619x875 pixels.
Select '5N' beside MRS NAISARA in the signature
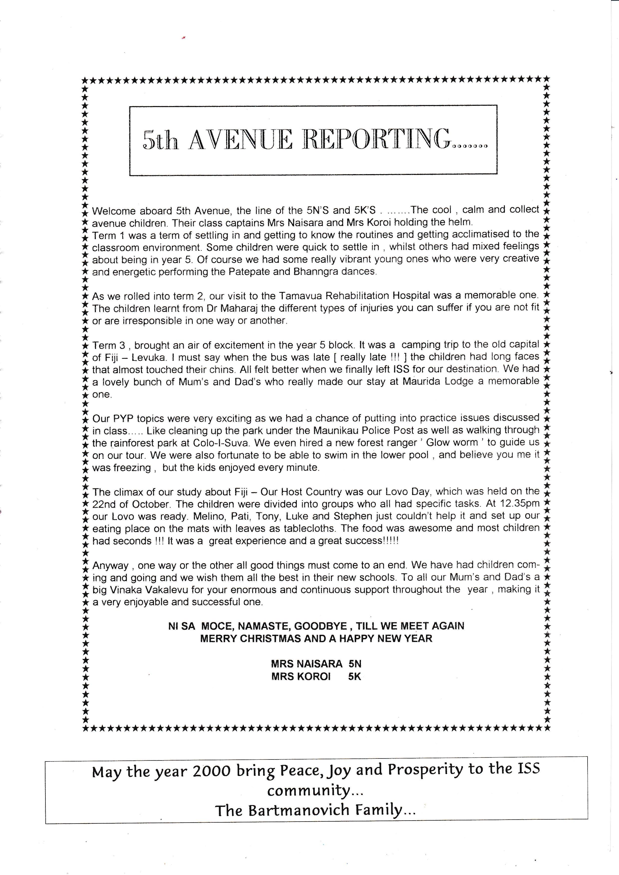click(354, 664)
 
